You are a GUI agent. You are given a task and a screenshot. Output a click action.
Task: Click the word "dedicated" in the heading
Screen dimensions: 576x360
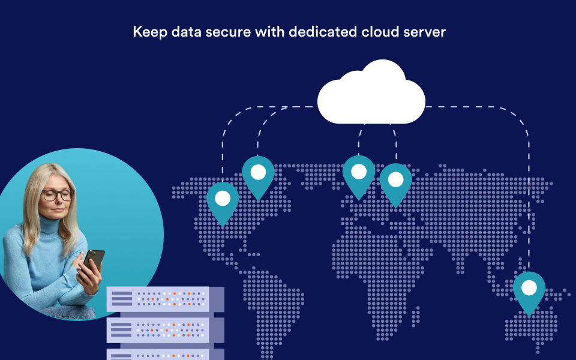coord(323,32)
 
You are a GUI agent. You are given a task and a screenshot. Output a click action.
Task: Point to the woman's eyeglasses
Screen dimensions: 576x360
coord(58,194)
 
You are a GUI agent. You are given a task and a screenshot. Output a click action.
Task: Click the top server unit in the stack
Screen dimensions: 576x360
coord(166,299)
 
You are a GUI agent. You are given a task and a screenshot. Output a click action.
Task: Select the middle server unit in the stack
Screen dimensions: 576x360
coord(166,330)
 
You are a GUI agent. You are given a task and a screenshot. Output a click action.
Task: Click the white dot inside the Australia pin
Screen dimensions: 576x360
coord(529,287)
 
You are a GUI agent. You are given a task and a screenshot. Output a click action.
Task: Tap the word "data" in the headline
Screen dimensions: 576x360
coord(186,32)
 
